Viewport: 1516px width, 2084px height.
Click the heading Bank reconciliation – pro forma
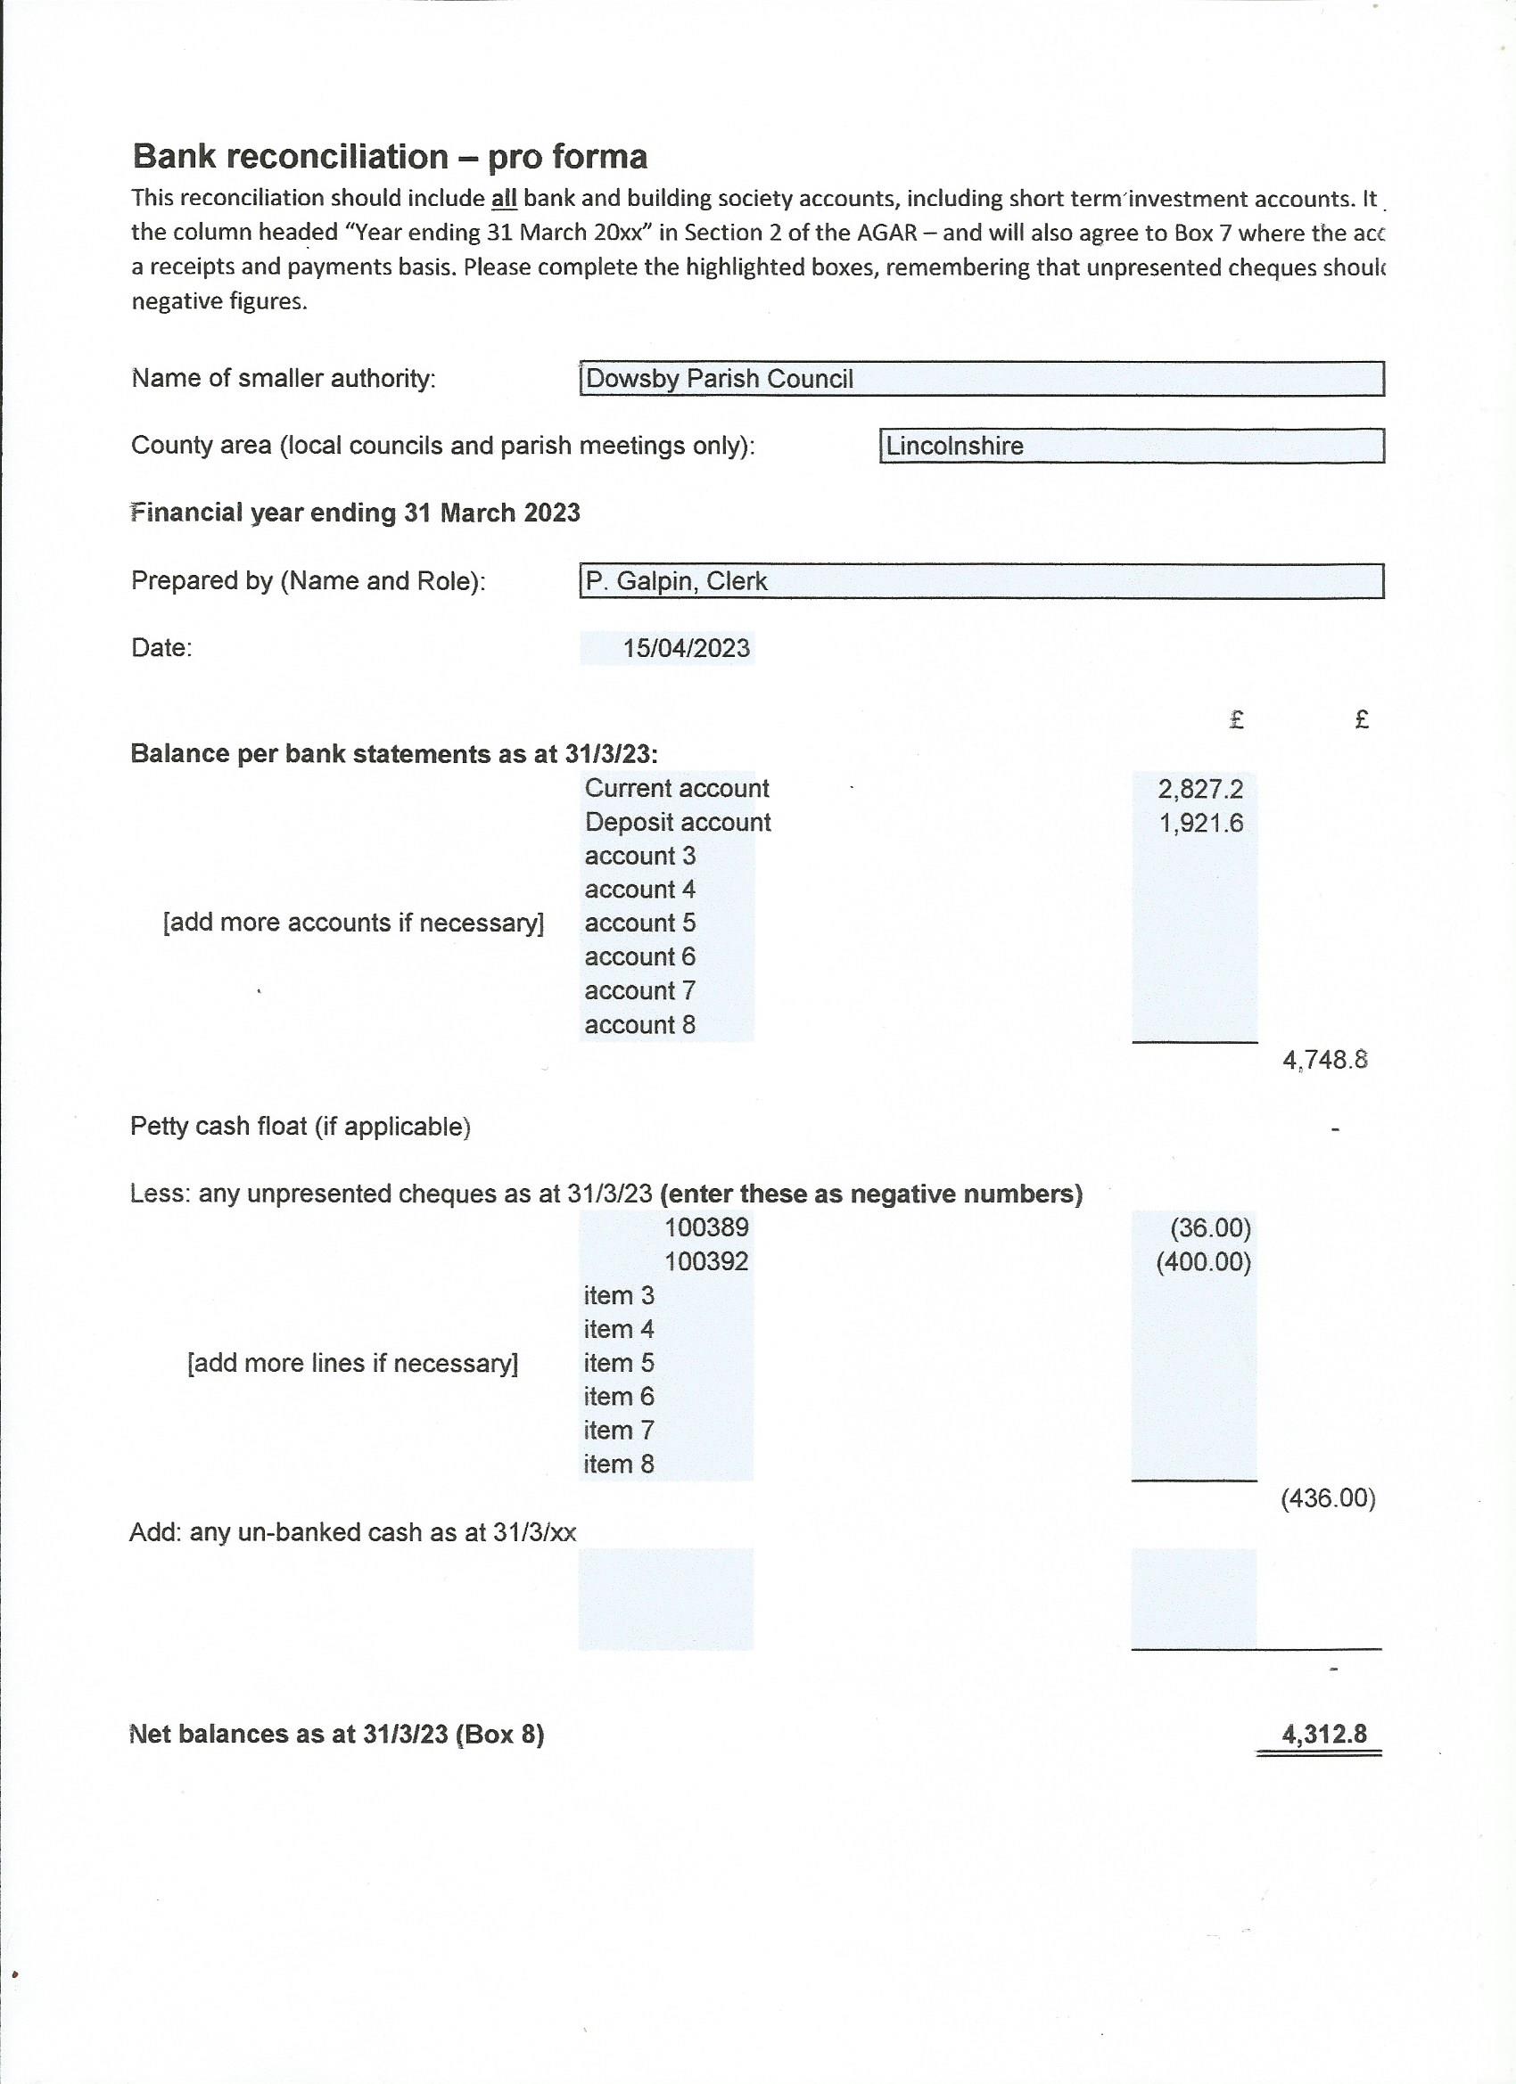pos(390,157)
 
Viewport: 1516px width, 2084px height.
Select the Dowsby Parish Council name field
pos(981,379)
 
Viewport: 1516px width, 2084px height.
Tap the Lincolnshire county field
pos(1131,446)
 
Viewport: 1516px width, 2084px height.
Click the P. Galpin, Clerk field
pos(981,581)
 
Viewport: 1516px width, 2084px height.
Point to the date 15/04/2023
pos(686,649)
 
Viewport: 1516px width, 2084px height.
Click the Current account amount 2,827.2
pos(1199,788)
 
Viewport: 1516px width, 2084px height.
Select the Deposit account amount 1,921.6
pos(1200,823)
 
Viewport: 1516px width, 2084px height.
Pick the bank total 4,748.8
pos(1325,1061)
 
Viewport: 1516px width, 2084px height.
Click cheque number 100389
pos(706,1227)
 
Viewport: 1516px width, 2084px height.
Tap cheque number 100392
pos(706,1261)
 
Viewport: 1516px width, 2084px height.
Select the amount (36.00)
pos(1210,1227)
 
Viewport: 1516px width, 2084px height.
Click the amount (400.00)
pos(1203,1261)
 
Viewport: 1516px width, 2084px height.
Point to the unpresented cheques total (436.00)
pos(1328,1498)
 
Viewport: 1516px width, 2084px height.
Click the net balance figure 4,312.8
pos(1324,1734)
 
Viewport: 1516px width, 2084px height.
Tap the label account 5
pos(640,923)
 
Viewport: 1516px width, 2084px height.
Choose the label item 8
pos(619,1464)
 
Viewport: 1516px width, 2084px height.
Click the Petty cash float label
pos(301,1127)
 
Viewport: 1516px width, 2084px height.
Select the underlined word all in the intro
pos(504,199)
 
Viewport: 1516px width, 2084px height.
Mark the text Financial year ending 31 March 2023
pos(356,513)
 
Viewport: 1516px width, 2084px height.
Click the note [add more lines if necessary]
pos(353,1363)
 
